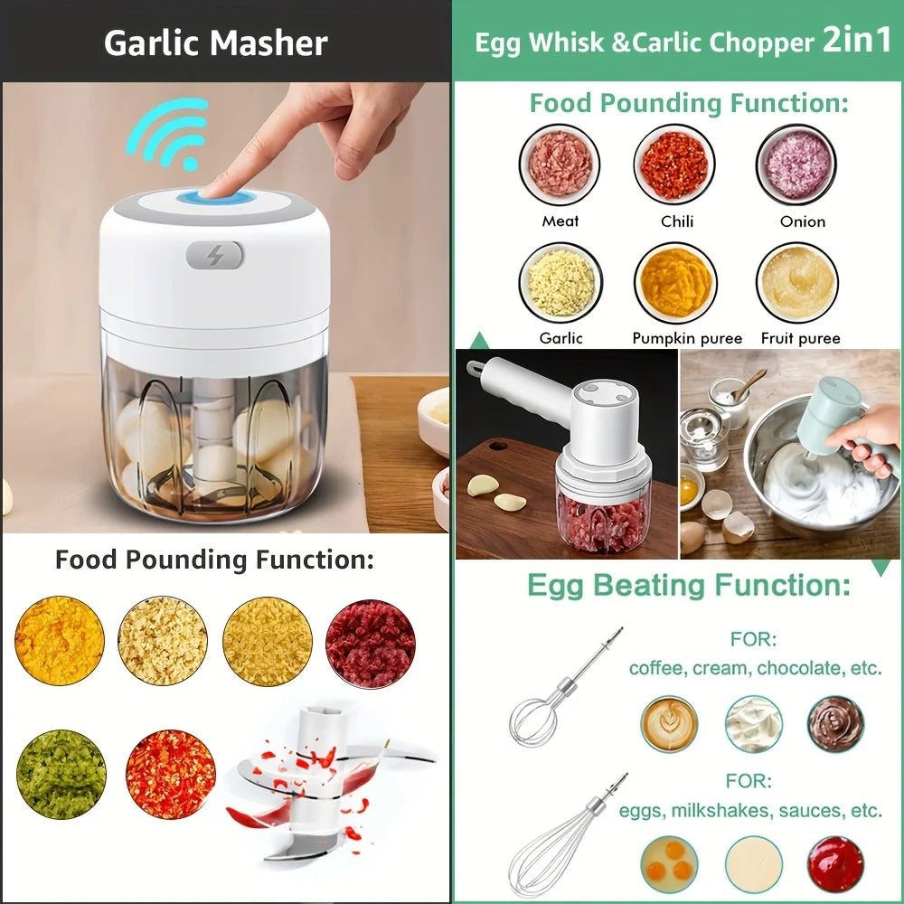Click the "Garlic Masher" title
point(216,42)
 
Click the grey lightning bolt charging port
point(215,255)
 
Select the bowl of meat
point(560,165)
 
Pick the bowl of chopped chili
point(673,165)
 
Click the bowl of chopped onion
point(796,165)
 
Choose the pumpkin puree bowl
point(675,283)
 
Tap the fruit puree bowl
point(796,283)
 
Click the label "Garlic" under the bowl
point(561,338)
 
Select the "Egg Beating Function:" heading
point(688,585)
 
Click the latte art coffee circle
point(670,724)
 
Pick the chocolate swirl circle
point(834,724)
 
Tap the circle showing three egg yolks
point(670,863)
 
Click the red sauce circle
point(834,863)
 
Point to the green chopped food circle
point(61,774)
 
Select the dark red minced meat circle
point(371,644)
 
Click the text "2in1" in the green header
point(856,42)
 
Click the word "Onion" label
point(803,221)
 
